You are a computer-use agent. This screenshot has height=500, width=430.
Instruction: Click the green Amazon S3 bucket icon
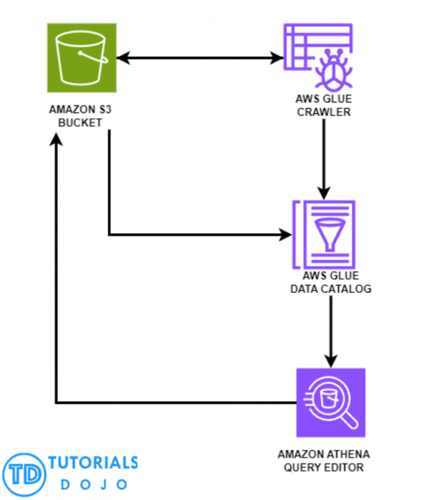click(78, 57)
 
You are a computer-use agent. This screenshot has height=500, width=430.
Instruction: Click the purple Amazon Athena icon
click(330, 403)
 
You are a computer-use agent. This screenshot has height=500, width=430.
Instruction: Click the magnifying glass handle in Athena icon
click(350, 422)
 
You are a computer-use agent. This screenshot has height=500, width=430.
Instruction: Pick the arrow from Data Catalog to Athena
click(330, 330)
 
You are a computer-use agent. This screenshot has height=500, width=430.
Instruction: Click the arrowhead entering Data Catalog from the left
click(286, 234)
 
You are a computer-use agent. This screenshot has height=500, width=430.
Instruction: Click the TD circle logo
click(24, 473)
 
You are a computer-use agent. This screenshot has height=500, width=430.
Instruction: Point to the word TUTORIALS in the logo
click(93, 463)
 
